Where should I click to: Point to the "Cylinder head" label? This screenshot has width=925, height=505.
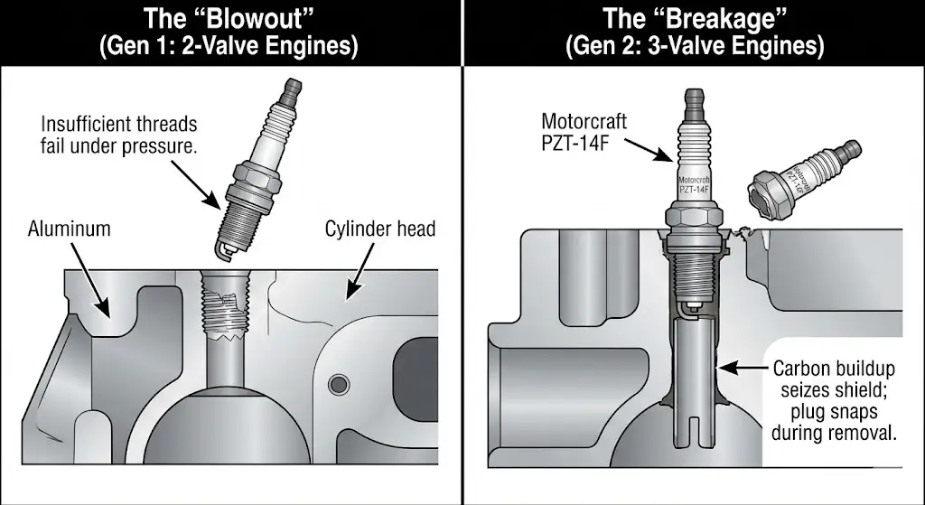click(x=380, y=229)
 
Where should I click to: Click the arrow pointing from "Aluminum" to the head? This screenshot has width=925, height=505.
click(x=91, y=282)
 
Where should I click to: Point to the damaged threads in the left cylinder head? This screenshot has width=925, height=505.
click(x=223, y=311)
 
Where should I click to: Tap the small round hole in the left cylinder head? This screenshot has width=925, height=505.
click(x=339, y=384)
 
